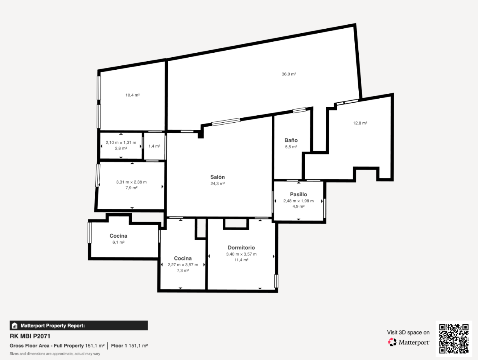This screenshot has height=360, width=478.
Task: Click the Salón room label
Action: (217, 177)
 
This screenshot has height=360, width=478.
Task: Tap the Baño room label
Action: (291, 140)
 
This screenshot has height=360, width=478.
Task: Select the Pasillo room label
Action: (298, 194)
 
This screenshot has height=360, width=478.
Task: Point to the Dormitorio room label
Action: (241, 247)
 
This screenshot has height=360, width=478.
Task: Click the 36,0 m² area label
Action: (289, 74)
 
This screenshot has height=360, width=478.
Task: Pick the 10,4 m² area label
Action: (132, 95)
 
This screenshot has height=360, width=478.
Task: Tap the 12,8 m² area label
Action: (360, 123)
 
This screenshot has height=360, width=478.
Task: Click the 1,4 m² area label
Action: (155, 146)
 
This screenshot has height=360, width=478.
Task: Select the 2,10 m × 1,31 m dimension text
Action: (121, 143)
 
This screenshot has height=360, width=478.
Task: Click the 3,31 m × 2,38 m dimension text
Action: (131, 182)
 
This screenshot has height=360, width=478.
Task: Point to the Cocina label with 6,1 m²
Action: (118, 236)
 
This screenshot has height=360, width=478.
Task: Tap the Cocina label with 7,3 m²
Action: (183, 258)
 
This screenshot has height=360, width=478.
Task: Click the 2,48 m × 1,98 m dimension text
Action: (298, 201)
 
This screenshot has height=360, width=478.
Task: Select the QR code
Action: (454, 339)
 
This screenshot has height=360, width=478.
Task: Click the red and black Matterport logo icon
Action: (392, 342)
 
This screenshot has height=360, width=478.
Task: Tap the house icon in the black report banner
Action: (14, 325)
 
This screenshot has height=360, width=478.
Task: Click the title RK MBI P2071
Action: (30, 336)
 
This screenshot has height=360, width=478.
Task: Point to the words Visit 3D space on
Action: (408, 333)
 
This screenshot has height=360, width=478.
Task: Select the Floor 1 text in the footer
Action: (119, 346)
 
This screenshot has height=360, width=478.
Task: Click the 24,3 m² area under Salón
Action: (217, 183)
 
